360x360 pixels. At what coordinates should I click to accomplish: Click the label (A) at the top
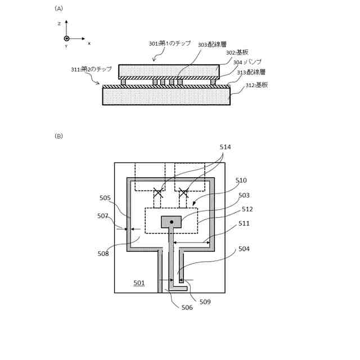click(58, 8)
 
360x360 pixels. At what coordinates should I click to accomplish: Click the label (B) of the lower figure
click(58, 136)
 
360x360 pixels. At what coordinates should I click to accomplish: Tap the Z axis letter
click(59, 24)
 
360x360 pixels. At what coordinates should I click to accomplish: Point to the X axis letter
click(89, 43)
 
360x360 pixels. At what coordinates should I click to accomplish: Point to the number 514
click(225, 147)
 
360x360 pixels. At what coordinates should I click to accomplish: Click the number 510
click(241, 181)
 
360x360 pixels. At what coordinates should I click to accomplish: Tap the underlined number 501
click(139, 283)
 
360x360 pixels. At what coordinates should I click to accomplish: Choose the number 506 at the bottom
click(187, 307)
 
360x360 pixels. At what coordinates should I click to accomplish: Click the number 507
click(102, 216)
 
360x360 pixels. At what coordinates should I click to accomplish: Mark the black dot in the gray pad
click(172, 222)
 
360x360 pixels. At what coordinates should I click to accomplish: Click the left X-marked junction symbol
click(158, 193)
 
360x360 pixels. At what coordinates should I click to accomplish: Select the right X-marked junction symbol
click(183, 193)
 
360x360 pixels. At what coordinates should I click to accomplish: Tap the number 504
click(244, 249)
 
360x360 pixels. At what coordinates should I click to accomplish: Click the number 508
click(103, 254)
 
